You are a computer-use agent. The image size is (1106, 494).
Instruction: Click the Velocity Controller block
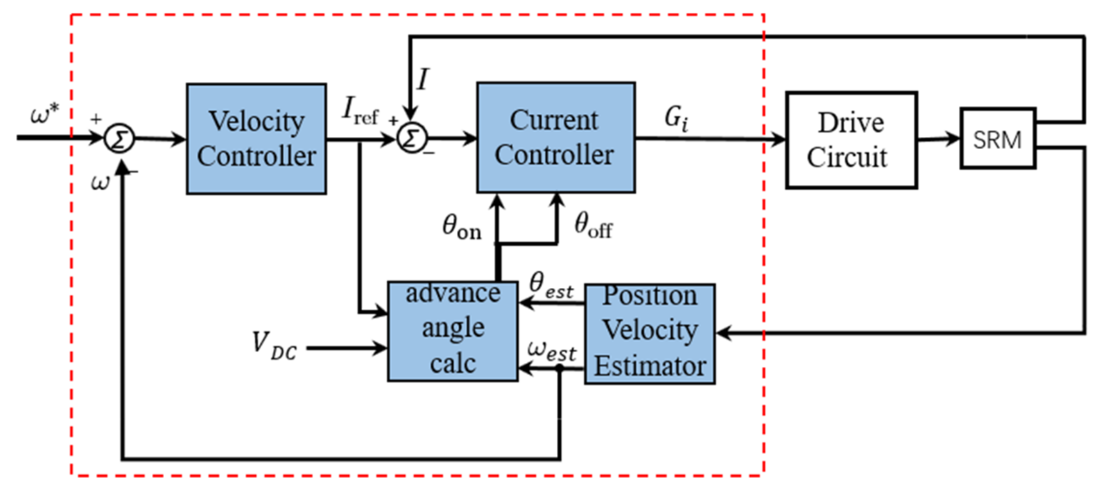click(x=256, y=138)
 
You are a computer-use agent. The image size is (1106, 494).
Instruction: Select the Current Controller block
click(x=555, y=137)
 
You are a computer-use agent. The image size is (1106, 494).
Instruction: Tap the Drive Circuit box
click(x=851, y=140)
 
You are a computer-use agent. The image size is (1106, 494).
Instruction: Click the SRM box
click(x=997, y=138)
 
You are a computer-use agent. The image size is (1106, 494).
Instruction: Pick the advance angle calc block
click(x=453, y=331)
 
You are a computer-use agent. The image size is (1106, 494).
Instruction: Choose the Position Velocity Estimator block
click(x=650, y=333)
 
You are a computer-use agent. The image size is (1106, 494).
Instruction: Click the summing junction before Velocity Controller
click(x=119, y=138)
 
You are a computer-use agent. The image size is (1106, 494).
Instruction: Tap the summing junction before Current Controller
click(x=411, y=138)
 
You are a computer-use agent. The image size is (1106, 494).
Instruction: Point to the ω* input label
click(x=44, y=115)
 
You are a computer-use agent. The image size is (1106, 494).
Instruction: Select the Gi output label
click(x=676, y=117)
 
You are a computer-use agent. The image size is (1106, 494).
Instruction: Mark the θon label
click(x=461, y=227)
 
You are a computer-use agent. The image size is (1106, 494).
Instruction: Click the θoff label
click(x=592, y=225)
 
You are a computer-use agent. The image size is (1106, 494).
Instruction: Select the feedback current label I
click(x=423, y=80)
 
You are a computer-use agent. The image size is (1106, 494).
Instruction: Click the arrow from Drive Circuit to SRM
click(x=938, y=139)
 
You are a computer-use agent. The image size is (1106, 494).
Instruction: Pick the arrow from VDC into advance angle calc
click(x=347, y=348)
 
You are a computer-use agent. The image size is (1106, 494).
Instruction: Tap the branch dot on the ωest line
click(x=559, y=369)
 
